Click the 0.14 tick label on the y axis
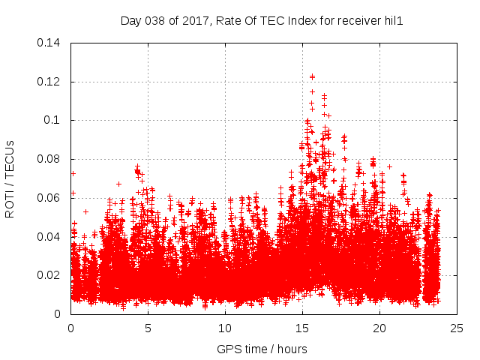[x=52, y=43]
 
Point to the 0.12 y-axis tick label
[x=52, y=82]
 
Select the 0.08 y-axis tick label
[x=52, y=159]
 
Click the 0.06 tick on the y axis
[x=52, y=198]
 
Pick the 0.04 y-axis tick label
[x=52, y=237]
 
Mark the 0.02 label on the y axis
[x=52, y=275]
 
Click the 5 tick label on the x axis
[x=148, y=328]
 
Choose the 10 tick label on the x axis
[x=225, y=328]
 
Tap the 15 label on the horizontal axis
[x=302, y=328]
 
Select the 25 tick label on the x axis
[x=457, y=328]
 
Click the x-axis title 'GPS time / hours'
[x=262, y=349]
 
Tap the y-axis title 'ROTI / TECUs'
[x=10, y=178]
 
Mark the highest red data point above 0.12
[x=312, y=76]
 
